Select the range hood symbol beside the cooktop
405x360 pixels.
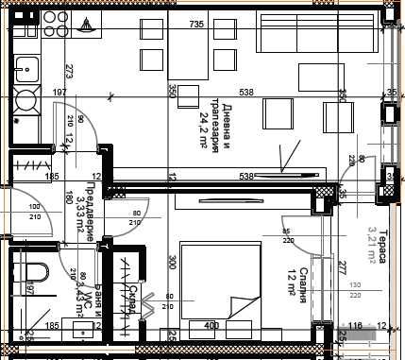pos(87,25)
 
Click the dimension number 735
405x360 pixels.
pos(197,24)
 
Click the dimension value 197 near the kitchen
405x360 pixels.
pos(59,93)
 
